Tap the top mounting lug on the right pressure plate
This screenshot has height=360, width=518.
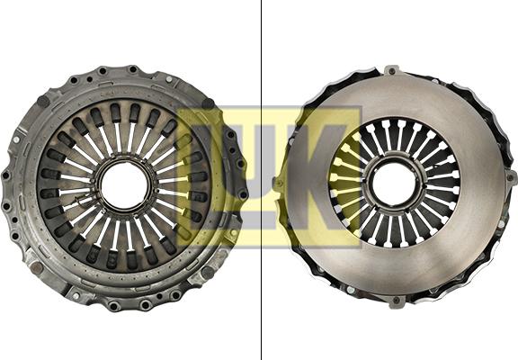[391, 69]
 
